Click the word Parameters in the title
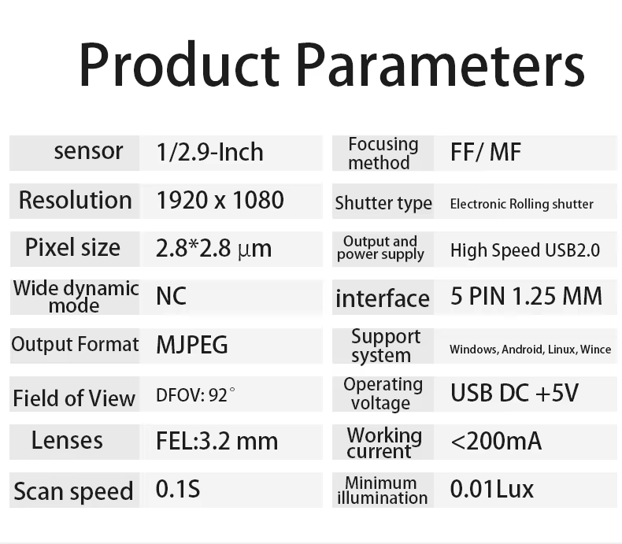(x=440, y=65)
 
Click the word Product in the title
(x=180, y=64)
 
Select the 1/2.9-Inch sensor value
(x=210, y=152)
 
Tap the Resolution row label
(x=76, y=200)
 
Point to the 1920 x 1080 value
(x=220, y=200)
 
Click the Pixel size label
(x=72, y=248)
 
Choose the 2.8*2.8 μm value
(x=214, y=249)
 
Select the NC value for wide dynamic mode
(x=171, y=296)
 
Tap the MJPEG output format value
(x=192, y=345)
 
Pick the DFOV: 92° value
(x=195, y=395)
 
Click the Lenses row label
(x=67, y=441)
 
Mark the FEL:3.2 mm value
(x=217, y=441)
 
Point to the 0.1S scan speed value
(x=178, y=489)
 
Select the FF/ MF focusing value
(x=486, y=152)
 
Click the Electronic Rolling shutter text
(x=522, y=204)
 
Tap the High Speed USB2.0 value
(x=525, y=250)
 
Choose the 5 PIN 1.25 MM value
(x=527, y=296)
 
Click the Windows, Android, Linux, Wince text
(x=531, y=350)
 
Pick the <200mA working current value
(x=496, y=441)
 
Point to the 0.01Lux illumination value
(x=492, y=489)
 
